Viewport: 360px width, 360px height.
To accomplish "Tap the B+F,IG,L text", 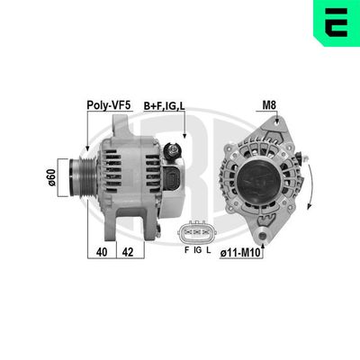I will coord(165,106).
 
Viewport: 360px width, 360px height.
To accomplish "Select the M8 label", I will coord(268,105).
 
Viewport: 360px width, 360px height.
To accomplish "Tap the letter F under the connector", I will coord(186,249).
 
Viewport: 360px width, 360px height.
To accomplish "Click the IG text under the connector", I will coord(197,249).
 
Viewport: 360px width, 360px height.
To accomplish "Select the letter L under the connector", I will coord(209,249).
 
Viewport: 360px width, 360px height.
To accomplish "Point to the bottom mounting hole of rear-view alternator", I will coord(262,235).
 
